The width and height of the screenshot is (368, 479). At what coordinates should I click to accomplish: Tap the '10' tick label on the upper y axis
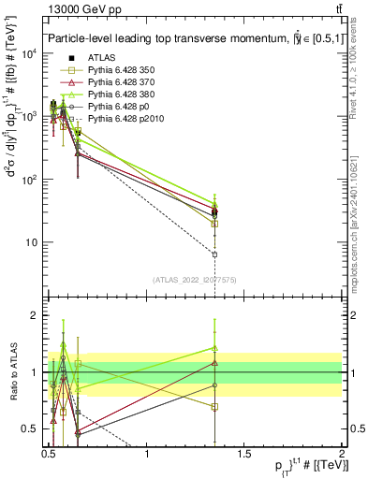pos(34,242)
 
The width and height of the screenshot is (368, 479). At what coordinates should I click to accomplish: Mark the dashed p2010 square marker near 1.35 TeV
pos(215,254)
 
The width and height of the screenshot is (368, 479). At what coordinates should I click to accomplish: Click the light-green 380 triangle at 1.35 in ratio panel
pos(215,347)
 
